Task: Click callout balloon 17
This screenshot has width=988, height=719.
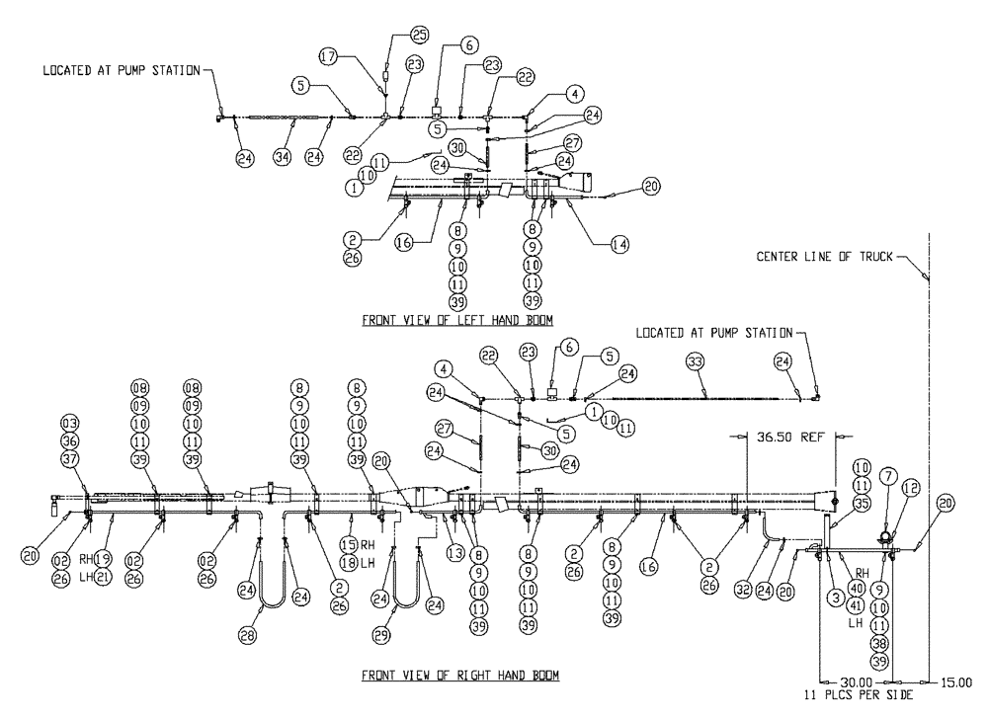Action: (328, 57)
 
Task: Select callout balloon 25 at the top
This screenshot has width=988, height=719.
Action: (419, 37)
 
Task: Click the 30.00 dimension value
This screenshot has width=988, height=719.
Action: (856, 681)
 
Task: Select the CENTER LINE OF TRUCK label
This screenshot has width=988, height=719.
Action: (824, 257)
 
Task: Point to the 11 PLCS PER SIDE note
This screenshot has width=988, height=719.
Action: (856, 695)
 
